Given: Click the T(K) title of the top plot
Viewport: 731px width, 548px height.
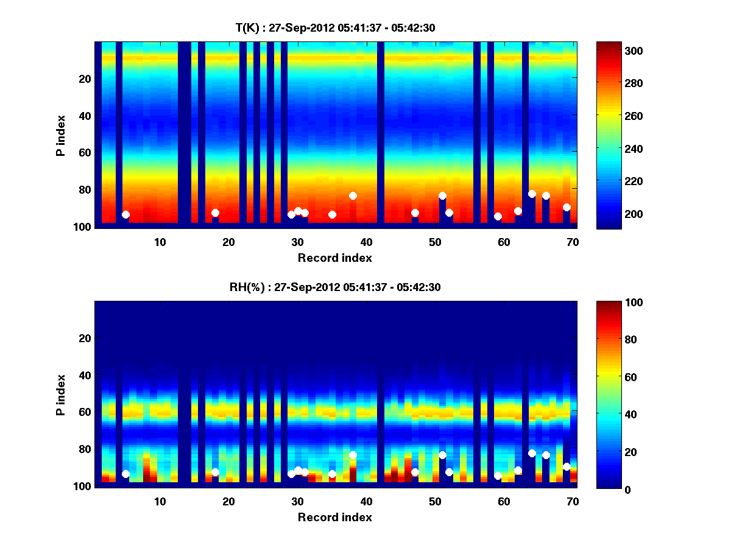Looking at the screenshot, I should (335, 27).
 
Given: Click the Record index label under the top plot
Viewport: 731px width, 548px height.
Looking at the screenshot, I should (335, 258).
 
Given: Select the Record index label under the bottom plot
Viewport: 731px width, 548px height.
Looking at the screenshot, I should (335, 518).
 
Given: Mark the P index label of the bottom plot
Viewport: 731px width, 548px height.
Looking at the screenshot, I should (61, 394).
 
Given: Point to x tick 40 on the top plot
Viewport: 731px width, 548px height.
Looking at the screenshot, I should (367, 242).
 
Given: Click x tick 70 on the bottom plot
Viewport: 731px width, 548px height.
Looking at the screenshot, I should (573, 502).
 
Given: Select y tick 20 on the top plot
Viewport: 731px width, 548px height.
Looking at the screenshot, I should (84, 79).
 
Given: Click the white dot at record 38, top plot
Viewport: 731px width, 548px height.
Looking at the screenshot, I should (353, 195).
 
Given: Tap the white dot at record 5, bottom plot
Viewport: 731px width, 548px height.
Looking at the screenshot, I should (125, 474).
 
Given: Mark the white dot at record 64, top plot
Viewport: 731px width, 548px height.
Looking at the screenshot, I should (532, 194).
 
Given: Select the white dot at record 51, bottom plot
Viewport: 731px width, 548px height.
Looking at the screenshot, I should (442, 455).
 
